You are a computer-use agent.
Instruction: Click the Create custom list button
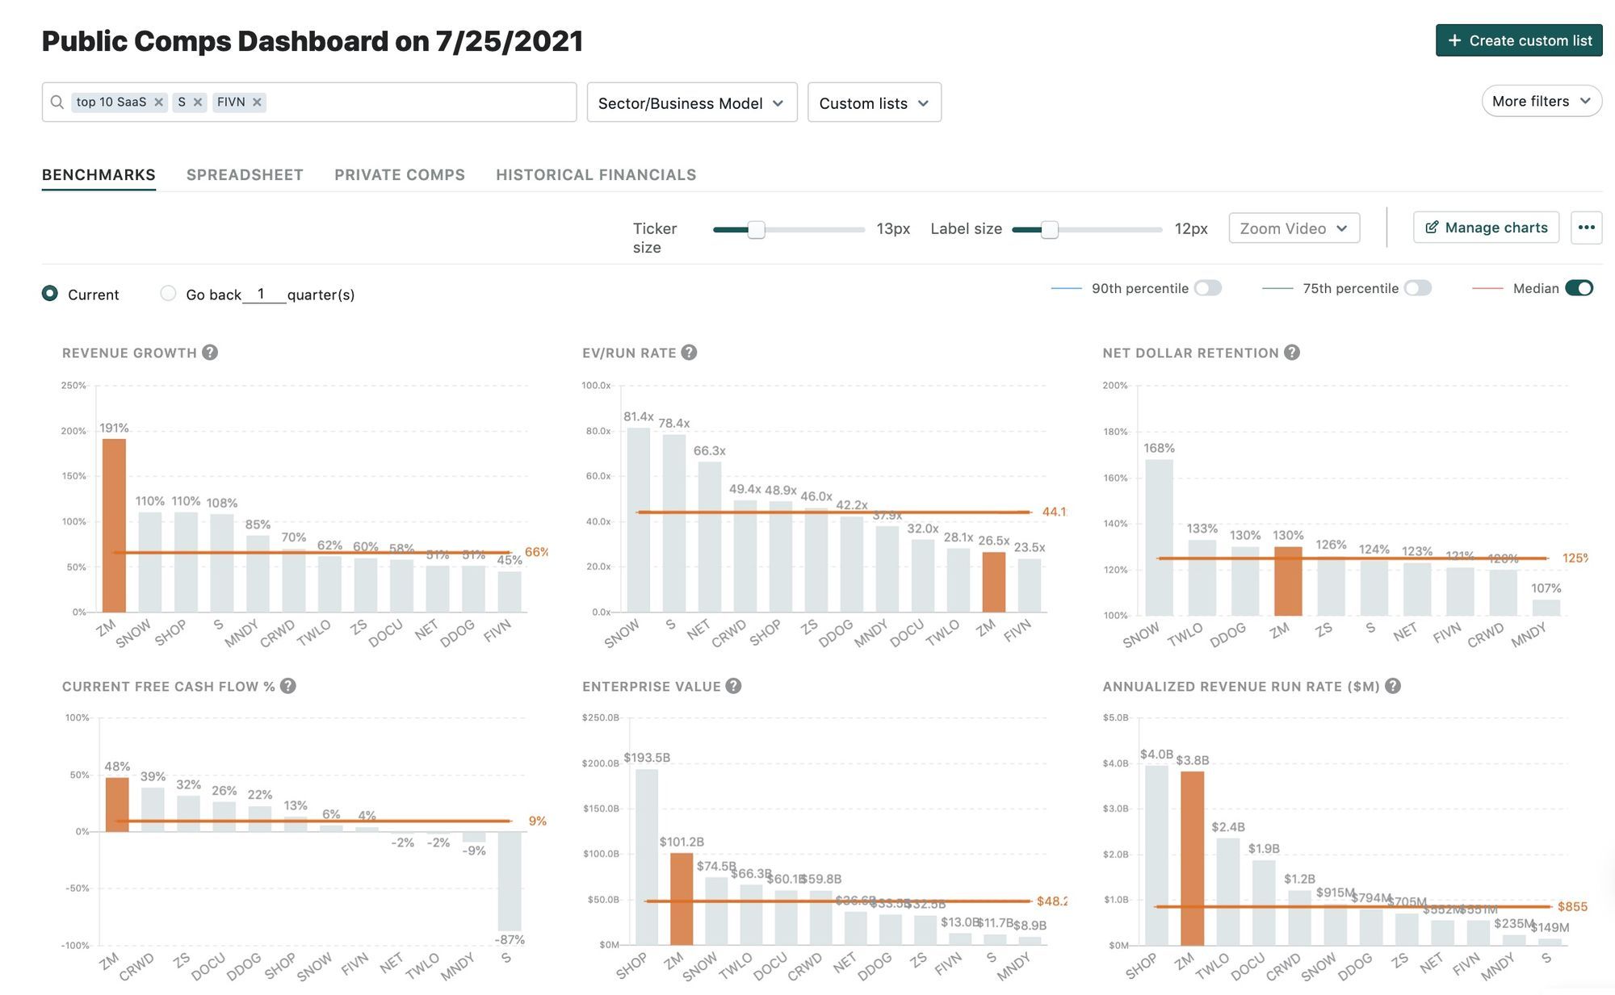[1518, 40]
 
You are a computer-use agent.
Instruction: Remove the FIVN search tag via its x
[257, 102]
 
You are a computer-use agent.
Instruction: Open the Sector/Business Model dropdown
[691, 102]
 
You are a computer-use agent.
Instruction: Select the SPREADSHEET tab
[245, 174]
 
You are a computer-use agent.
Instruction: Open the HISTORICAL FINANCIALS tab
[596, 174]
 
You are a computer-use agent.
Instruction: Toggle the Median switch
[1579, 288]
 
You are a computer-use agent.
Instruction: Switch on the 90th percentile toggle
[1208, 288]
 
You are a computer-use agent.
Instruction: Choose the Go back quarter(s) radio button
[168, 294]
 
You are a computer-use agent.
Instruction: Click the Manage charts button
[1486, 228]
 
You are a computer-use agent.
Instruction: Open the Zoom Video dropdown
[1294, 228]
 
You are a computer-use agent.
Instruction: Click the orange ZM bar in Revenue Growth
[114, 525]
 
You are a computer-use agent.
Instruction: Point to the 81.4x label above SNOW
[638, 416]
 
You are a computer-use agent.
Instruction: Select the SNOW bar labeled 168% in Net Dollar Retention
[1159, 537]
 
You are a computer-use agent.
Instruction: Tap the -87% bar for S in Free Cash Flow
[510, 881]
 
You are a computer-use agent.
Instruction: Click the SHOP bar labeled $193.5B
[647, 856]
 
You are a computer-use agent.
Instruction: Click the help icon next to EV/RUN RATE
[689, 353]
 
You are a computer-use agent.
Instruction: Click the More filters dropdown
[1541, 102]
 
